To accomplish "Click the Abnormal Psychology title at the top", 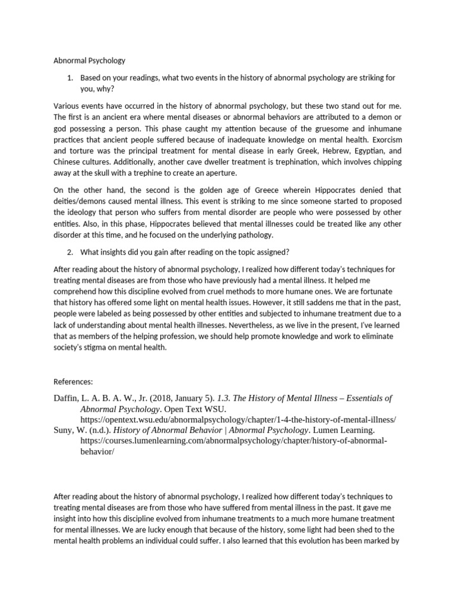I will coord(90,61).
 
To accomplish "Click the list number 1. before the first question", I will coord(70,78).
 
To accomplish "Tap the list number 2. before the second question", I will coord(70,252).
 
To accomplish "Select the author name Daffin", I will coord(67,398).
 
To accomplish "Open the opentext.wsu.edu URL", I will coord(238,420).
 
